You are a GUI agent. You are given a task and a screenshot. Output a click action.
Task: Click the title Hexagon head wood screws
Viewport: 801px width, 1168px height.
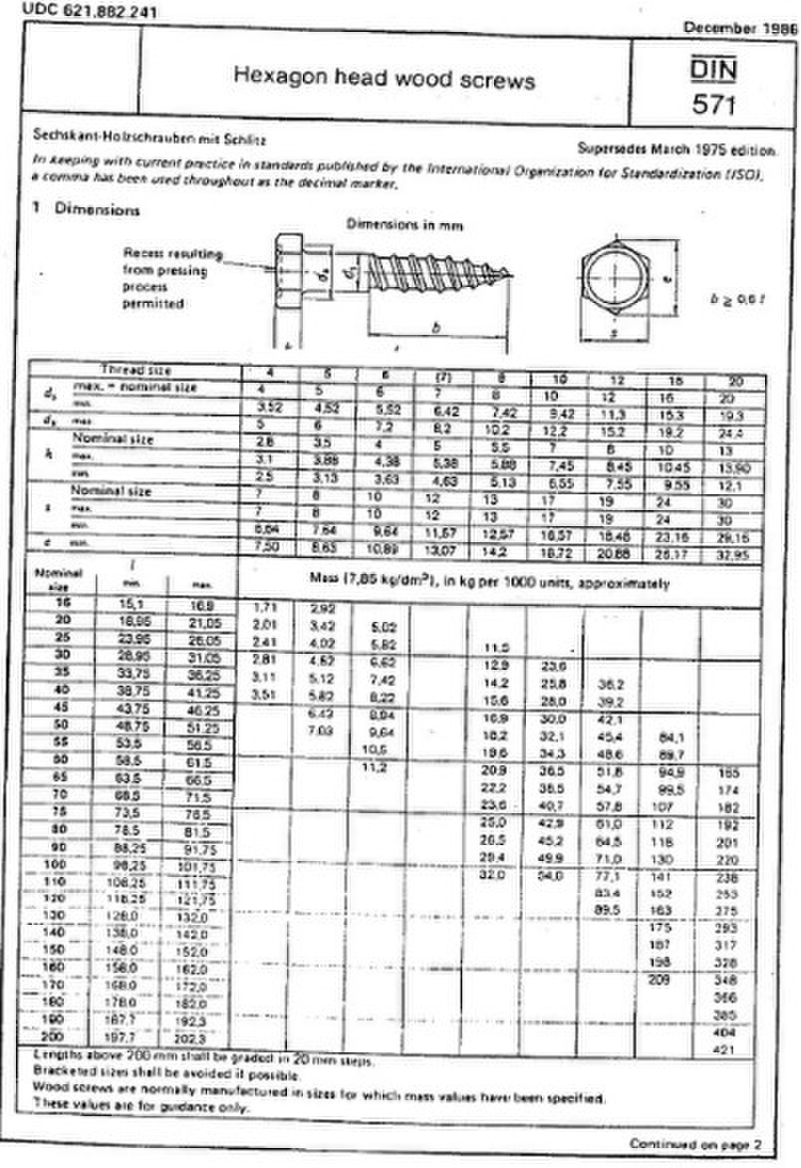(x=384, y=79)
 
